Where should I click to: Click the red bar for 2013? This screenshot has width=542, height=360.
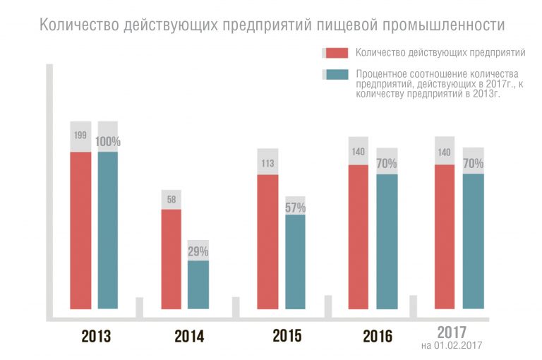[80, 230]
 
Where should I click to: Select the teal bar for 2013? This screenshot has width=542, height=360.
[108, 230]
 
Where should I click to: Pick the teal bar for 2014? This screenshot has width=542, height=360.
[198, 284]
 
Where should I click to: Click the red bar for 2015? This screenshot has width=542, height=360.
[267, 241]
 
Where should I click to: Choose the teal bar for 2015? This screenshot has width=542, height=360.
[295, 261]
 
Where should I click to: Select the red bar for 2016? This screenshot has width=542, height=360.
[359, 236]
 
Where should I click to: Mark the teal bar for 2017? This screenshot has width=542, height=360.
[474, 241]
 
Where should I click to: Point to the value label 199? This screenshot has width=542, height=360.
[80, 135]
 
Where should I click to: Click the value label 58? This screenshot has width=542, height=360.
[171, 200]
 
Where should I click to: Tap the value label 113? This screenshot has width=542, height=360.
[267, 164]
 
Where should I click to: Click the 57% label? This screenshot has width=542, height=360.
[295, 208]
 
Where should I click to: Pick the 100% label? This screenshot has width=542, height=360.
[108, 142]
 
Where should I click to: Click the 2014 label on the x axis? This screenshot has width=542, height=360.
[189, 337]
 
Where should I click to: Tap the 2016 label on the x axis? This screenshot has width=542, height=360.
[378, 337]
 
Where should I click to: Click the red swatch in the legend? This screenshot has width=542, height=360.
[337, 53]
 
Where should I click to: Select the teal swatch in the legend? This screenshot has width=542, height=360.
[337, 75]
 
